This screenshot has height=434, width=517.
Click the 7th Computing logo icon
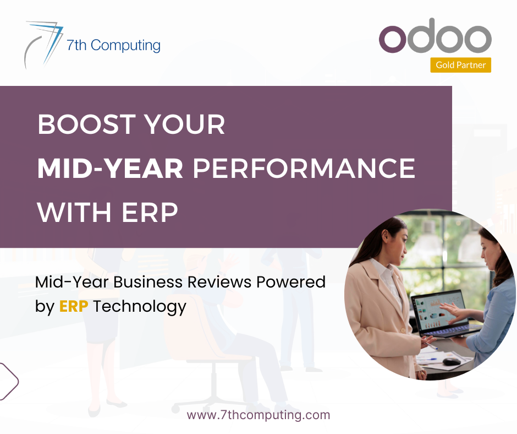[x=43, y=44]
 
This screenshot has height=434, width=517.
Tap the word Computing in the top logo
[x=125, y=46]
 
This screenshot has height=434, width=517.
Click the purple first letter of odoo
[x=392, y=39]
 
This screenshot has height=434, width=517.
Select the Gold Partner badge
[x=460, y=65]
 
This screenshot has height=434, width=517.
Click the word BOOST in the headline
[x=87, y=124]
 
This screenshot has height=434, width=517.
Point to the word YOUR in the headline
[x=185, y=124]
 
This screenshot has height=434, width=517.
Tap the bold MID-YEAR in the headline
[x=110, y=169]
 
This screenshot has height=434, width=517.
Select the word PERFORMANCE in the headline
[x=304, y=169]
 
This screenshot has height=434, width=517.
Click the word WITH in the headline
[x=74, y=213]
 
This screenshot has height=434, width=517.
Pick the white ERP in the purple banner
[x=150, y=213]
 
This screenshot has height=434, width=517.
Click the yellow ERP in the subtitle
[x=74, y=306]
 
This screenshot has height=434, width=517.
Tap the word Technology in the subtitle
[x=140, y=307]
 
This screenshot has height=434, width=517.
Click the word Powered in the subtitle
[x=291, y=282]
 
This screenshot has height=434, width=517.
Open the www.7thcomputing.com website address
[x=258, y=415]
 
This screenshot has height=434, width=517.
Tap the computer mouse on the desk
[x=451, y=361]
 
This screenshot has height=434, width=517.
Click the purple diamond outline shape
[x=8, y=382]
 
